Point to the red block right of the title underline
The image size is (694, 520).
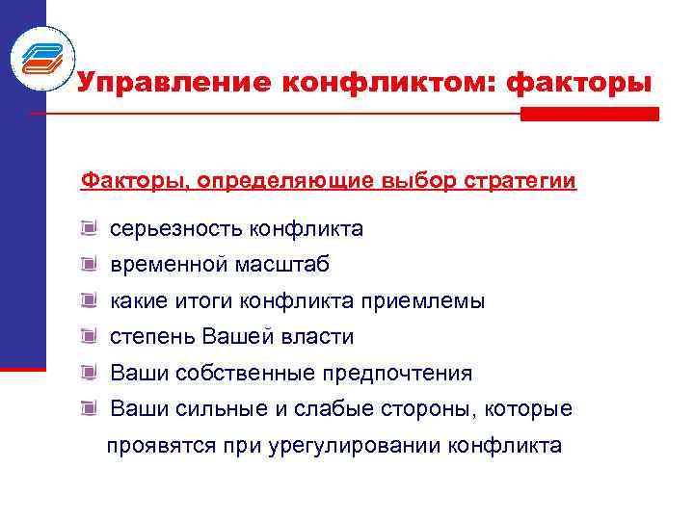click(x=589, y=114)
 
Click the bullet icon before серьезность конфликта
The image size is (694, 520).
click(x=90, y=228)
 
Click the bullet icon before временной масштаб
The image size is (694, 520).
click(x=90, y=264)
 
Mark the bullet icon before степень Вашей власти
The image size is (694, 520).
click(x=90, y=336)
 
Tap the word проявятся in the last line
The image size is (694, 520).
click(x=150, y=446)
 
